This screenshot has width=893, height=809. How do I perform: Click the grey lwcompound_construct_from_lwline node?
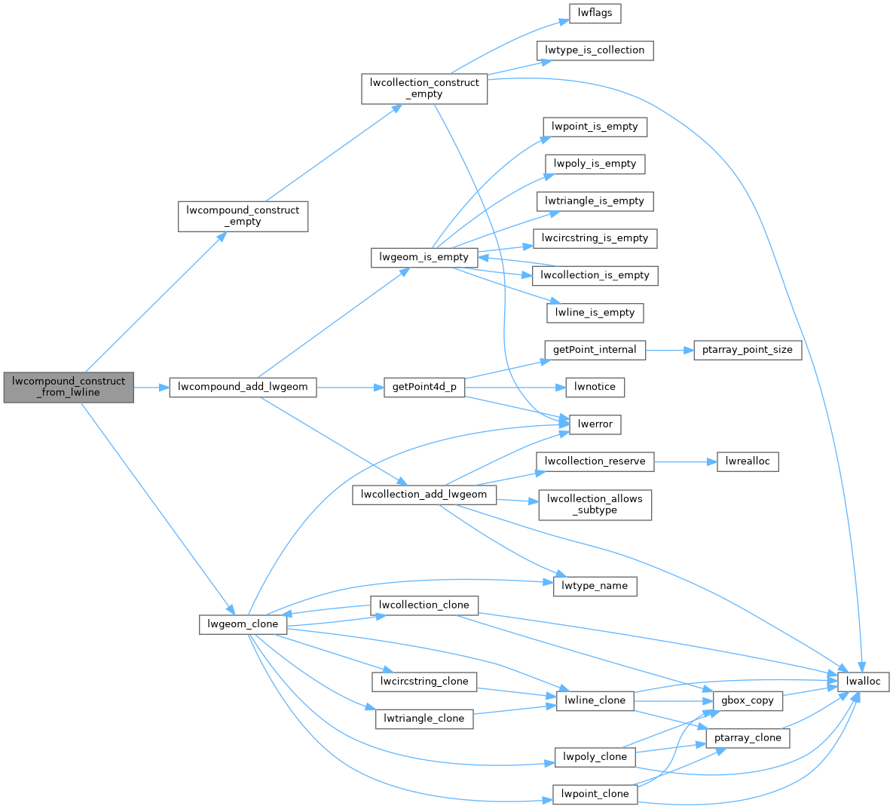tap(69, 387)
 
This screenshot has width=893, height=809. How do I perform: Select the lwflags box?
tap(595, 13)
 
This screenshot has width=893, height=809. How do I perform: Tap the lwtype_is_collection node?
tap(595, 51)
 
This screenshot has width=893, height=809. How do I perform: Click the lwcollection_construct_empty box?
tap(424, 88)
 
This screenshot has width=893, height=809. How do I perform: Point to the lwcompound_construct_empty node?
tap(243, 216)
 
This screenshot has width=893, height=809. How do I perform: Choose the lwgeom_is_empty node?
tap(424, 257)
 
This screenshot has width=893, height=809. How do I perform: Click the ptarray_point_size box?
tap(747, 350)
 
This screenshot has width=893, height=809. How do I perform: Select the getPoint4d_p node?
tap(424, 387)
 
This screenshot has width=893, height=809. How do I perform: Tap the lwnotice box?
tap(595, 387)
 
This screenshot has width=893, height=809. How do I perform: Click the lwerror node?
tap(595, 424)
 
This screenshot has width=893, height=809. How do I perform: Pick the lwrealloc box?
tap(747, 461)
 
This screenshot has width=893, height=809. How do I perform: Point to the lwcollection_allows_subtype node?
tap(595, 504)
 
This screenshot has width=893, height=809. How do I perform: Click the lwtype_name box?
tap(595, 586)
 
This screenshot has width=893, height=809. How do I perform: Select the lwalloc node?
tap(864, 682)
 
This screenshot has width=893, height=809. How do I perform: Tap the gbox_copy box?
tap(747, 700)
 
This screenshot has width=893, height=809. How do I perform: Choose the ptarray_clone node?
tap(747, 738)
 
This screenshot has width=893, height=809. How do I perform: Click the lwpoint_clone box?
tap(595, 794)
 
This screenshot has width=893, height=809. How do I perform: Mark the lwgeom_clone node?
tap(243, 624)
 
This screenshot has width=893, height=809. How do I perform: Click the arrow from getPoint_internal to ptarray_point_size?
tap(669, 350)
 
